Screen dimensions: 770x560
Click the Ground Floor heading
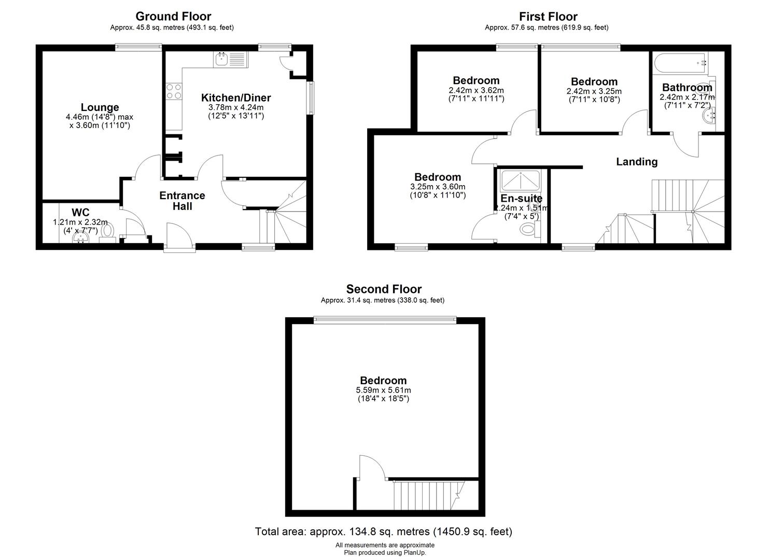173,16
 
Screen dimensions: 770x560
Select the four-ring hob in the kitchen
174,91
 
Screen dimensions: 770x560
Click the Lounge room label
100,107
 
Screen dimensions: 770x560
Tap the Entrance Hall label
182,201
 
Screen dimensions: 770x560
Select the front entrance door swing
179,235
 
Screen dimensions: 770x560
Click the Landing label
637,162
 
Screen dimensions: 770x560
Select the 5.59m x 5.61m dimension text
383,390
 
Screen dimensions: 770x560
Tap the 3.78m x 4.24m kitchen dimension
236,107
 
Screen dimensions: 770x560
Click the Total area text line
384,531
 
